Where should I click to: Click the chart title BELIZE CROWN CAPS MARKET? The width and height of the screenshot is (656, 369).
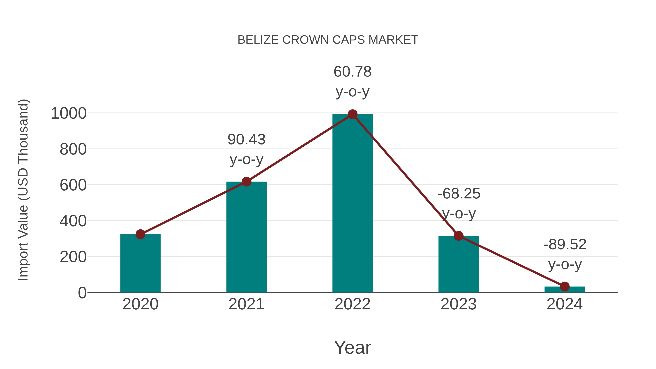point(328,40)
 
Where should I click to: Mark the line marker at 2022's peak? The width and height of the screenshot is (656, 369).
point(352,114)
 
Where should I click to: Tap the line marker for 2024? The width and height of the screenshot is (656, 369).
point(565,286)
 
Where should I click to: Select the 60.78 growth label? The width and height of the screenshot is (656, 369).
point(352,72)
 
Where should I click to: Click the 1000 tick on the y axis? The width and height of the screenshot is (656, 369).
point(69,113)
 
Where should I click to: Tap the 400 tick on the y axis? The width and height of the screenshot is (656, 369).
point(73,221)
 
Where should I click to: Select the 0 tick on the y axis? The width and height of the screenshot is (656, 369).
point(82,293)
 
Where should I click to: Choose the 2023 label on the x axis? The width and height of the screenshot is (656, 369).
point(458,304)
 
